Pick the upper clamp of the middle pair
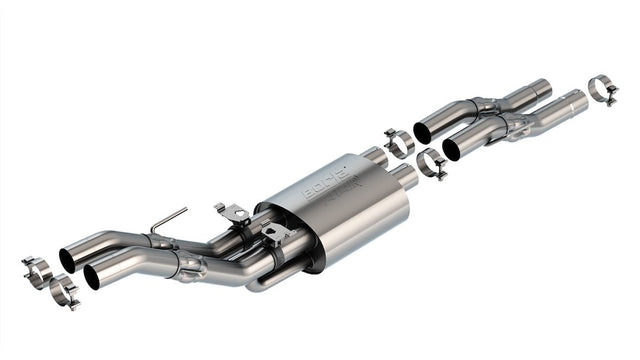[x=399, y=143]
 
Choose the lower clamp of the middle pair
[x=430, y=162]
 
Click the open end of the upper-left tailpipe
[x=67, y=259]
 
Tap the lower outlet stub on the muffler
[x=404, y=177]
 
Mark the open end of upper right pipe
[x=422, y=132]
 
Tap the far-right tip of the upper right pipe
[x=544, y=88]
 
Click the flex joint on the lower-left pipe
[x=190, y=266]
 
